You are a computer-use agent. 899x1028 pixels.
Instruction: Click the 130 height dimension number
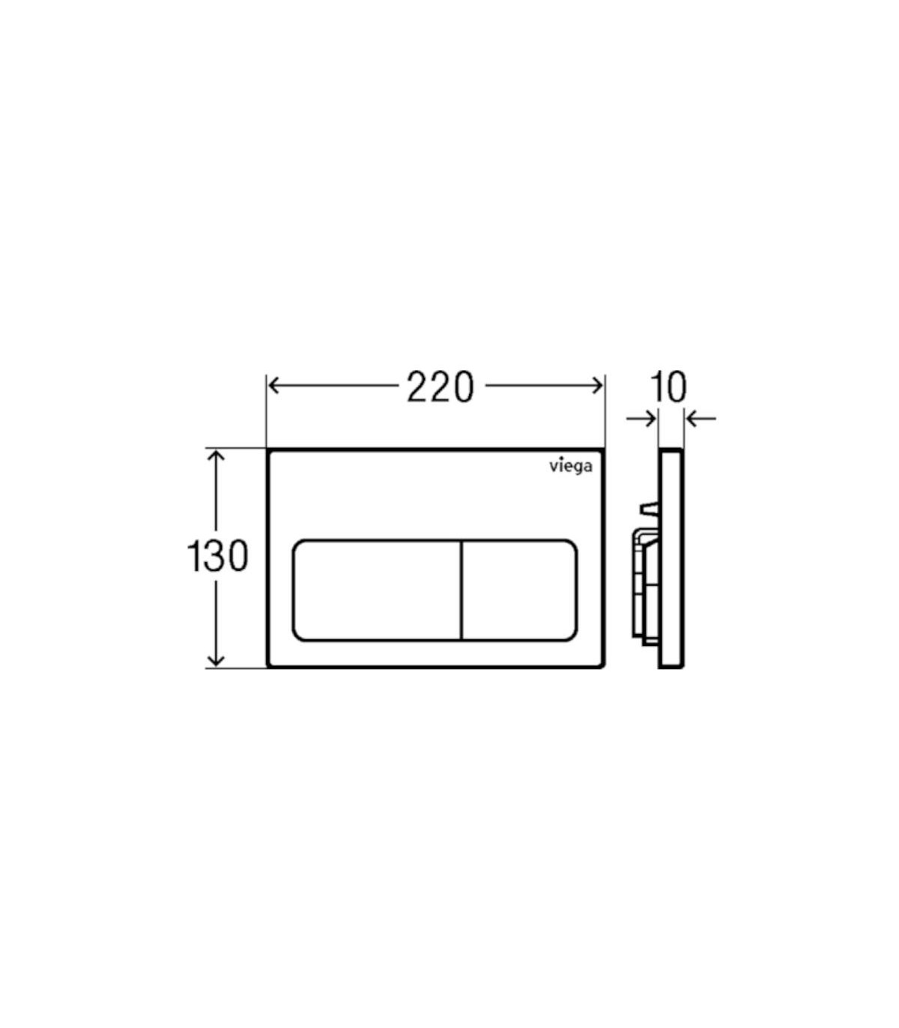217,556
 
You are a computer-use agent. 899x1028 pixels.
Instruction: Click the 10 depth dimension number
668,387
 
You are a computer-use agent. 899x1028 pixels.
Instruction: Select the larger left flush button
377,590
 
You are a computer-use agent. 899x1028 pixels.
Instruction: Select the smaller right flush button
519,590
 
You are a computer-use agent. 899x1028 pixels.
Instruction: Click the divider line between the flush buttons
461,590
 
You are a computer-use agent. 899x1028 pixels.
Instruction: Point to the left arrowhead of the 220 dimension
273,386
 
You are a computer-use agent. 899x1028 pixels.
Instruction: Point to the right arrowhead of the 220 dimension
597,386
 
